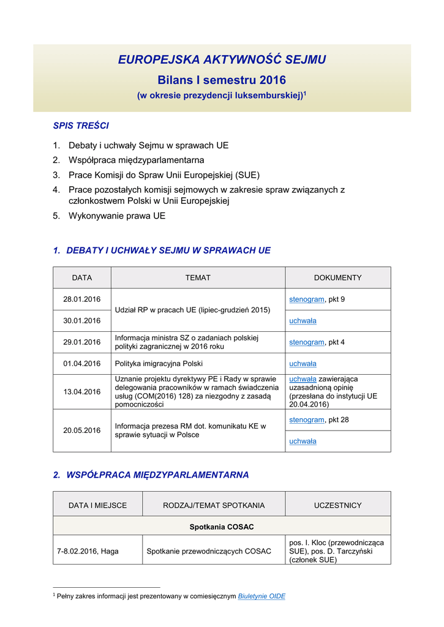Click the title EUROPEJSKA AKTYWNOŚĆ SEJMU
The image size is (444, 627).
pos(222,59)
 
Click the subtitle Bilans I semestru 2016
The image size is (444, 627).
pos(222,80)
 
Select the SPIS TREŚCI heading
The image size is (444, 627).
pos(81,126)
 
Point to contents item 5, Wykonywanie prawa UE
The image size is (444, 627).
pos(117,216)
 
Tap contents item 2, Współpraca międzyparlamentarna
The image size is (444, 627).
pos(137,160)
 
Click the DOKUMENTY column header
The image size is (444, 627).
pos(337,278)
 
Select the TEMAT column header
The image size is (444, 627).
pos(198,278)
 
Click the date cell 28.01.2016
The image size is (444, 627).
pos(81,299)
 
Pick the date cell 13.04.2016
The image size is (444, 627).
pos(81,392)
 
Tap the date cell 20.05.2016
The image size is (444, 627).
pos(81,430)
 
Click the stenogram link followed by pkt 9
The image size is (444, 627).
pos(306,299)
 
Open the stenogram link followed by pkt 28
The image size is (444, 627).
pos(306,420)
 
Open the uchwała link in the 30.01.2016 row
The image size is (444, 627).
pos(303,321)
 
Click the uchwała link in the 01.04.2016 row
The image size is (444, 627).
pos(303,364)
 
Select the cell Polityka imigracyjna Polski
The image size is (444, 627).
pos(159,364)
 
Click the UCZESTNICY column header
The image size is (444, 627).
pos(337,506)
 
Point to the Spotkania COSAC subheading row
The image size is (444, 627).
pos(222,527)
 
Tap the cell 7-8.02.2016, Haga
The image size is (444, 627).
pos(88,551)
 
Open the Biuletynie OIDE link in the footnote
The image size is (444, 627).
pos(262,596)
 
